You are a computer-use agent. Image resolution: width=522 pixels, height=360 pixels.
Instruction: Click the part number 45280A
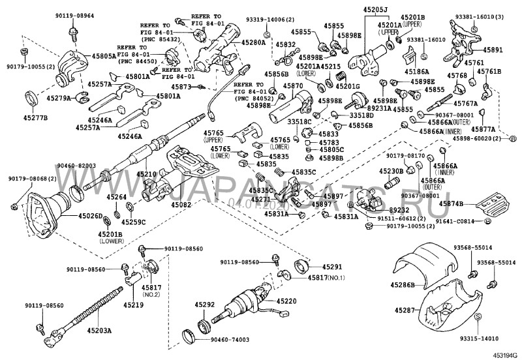coord(253,42)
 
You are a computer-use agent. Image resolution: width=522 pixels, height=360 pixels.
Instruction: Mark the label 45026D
coord(91,215)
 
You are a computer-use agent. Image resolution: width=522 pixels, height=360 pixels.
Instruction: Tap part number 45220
coord(286,301)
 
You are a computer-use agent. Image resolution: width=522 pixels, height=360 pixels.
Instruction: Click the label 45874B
coord(451,204)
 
